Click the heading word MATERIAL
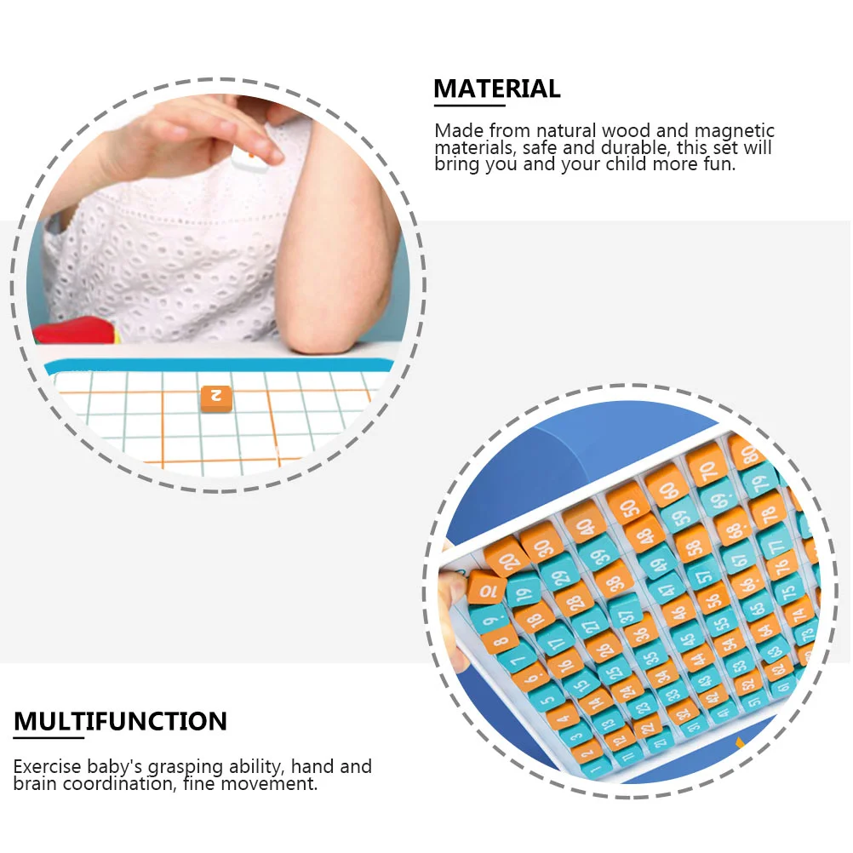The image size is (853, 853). pyautogui.click(x=496, y=89)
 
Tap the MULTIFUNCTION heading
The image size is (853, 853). pyautogui.click(x=120, y=721)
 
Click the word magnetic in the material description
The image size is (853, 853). pyautogui.click(x=734, y=131)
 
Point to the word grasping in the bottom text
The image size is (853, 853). pyautogui.click(x=185, y=767)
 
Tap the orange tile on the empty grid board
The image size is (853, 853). pyautogui.click(x=216, y=398)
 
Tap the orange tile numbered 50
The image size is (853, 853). pyautogui.click(x=628, y=505)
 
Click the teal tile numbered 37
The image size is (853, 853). pyautogui.click(x=626, y=613)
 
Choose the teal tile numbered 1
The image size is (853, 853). pyautogui.click(x=595, y=768)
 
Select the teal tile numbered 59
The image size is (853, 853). pyautogui.click(x=680, y=514)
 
